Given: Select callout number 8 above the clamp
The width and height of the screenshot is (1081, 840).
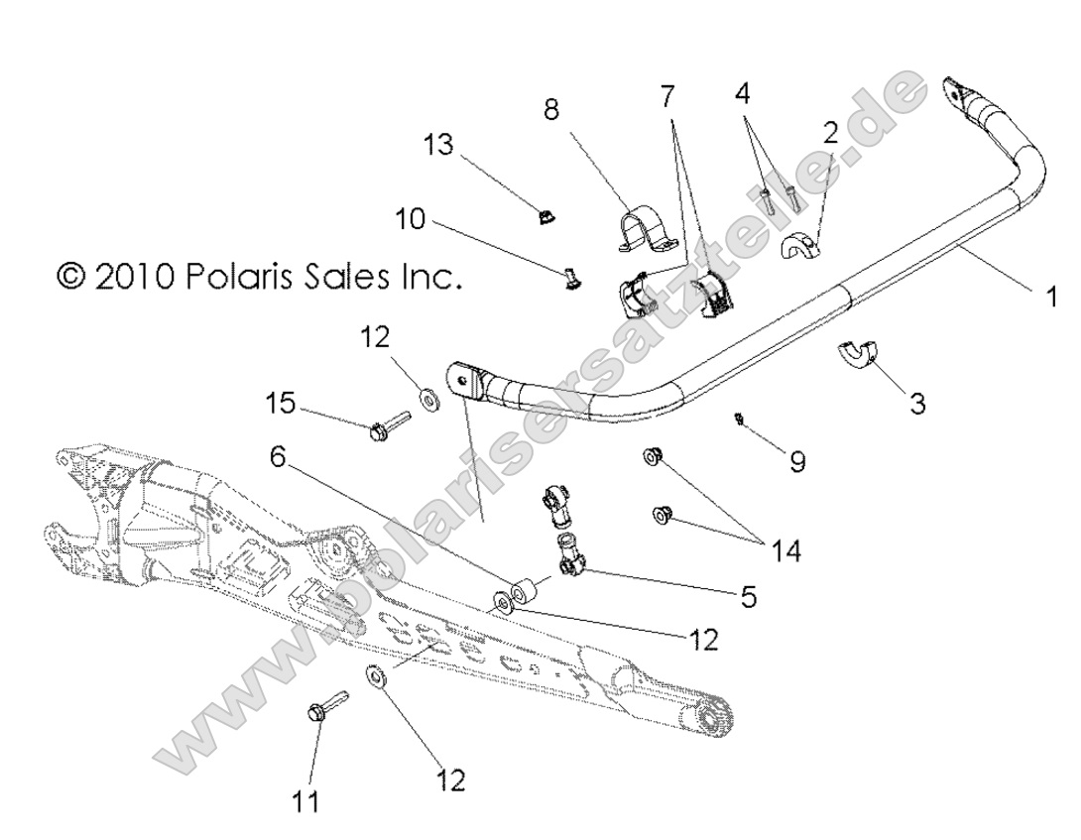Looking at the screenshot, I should (550, 110).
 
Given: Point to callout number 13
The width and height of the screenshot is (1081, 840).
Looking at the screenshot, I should (437, 145).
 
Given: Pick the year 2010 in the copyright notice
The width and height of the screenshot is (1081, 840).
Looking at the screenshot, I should (133, 276).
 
